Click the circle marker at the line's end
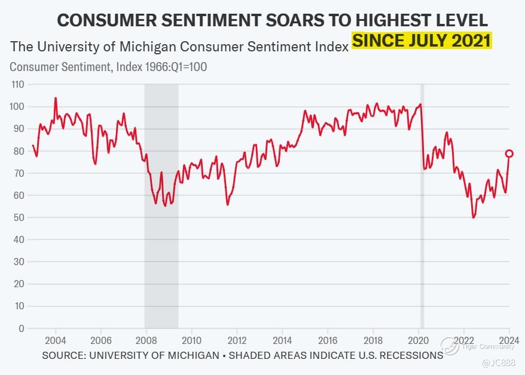[509, 153]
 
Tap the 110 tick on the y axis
[17, 85]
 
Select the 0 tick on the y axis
[21, 328]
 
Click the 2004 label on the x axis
[56, 340]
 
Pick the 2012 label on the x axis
[237, 340]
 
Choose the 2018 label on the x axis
[373, 340]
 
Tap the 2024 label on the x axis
[509, 340]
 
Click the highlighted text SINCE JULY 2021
[422, 42]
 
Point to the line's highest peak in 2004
[56, 98]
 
